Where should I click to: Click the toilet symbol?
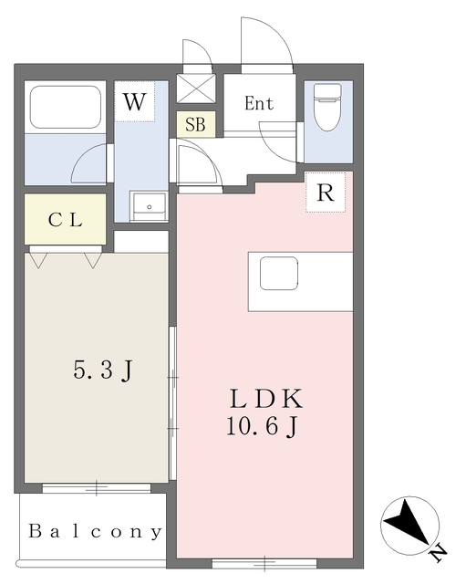click(327, 107)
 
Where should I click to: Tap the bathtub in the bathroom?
click(66, 107)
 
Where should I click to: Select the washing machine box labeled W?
click(134, 101)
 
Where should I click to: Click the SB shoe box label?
click(195, 124)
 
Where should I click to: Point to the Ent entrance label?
click(259, 103)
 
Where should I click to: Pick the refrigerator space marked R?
click(326, 193)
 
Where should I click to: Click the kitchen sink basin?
click(279, 274)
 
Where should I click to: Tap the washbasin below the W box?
click(149, 207)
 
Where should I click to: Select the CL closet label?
click(65, 220)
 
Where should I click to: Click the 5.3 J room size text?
click(103, 370)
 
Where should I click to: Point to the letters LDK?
click(265, 399)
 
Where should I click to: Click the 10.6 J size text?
click(263, 426)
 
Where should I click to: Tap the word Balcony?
click(95, 531)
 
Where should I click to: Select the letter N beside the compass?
click(439, 554)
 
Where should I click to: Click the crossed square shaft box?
click(196, 89)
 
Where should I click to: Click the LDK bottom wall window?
click(264, 563)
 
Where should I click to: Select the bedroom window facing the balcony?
click(97, 488)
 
